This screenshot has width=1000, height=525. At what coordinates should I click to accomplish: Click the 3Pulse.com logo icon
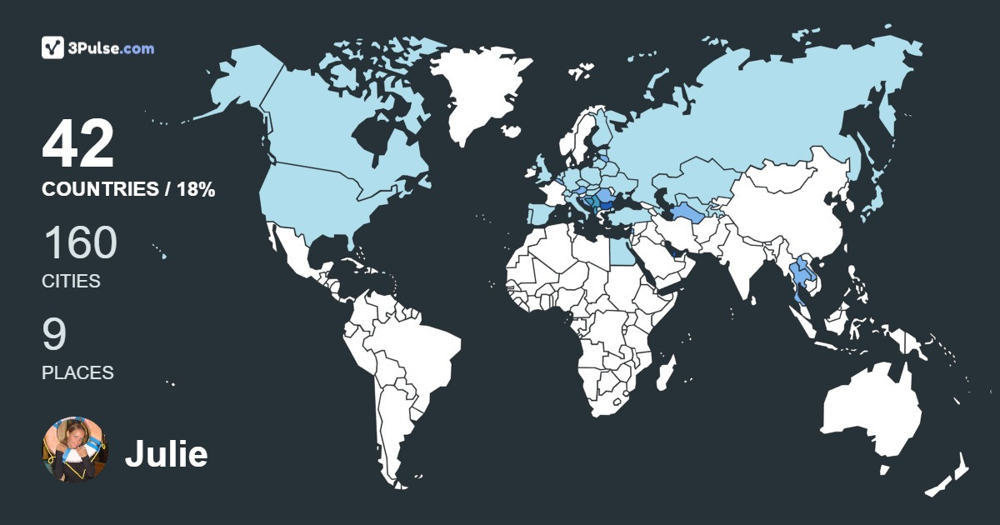pos(53,47)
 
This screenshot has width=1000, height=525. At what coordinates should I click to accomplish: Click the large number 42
pos(78,144)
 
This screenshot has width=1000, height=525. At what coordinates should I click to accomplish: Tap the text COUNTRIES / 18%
pos(128,190)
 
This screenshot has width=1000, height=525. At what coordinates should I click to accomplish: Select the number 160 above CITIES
pos(80,243)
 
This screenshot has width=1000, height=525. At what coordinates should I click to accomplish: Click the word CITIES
pos(71,282)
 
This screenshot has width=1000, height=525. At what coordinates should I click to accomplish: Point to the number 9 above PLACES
pos(54,335)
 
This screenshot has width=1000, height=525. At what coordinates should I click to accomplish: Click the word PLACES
pos(77,372)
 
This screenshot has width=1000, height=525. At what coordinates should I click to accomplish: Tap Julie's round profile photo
pos(75,450)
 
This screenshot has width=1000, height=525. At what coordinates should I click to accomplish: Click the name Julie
pos(166,454)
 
